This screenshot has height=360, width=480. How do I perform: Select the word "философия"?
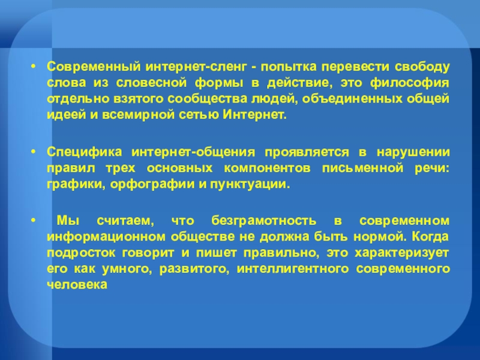click(410, 83)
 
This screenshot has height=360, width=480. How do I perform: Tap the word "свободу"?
click(422, 67)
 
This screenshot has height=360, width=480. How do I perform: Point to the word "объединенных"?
click(352, 99)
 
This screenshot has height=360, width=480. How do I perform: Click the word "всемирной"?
click(137, 115)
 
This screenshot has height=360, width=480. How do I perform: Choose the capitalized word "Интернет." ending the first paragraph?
click(254, 115)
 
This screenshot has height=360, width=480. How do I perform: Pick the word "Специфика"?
click(84, 152)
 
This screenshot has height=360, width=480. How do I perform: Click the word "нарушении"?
click(413, 152)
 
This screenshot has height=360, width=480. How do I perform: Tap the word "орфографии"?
click(152, 184)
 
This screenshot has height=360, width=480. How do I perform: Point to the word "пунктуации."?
click(250, 184)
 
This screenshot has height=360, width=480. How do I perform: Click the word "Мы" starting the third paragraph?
click(68, 220)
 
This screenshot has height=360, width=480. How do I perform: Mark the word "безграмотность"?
click(263, 220)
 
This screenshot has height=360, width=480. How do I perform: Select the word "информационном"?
click(106, 236)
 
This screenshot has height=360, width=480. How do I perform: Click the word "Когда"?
click(430, 236)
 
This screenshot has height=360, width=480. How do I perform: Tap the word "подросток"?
click(81, 253)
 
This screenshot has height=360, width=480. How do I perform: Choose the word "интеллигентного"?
click(293, 269)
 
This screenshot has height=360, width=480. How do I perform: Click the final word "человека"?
click(77, 284)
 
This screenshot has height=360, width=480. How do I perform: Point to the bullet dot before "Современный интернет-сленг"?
click(34, 67)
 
